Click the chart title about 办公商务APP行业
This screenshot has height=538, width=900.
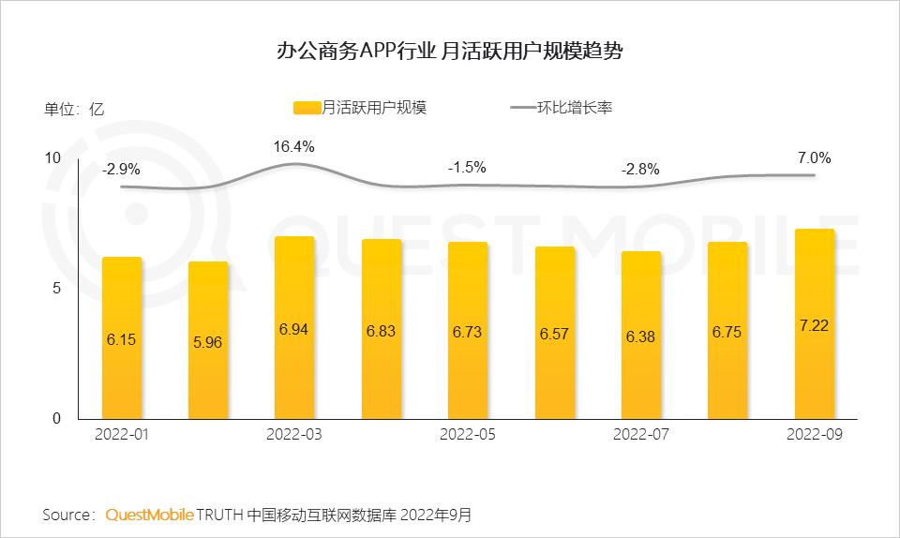pos(449,51)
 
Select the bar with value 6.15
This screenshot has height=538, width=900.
pos(122,338)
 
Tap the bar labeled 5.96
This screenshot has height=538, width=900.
pos(208,341)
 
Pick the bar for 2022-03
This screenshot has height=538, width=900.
pos(294,328)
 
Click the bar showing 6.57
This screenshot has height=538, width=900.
pos(554,334)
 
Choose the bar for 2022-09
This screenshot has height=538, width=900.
pos(814,324)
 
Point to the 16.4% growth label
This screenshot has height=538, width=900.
pos(293,146)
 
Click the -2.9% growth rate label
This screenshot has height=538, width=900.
pos(121,170)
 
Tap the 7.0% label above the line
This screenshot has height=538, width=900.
pos(814,157)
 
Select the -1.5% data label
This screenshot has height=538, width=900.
pos(467,168)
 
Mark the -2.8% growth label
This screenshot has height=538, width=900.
pos(640,170)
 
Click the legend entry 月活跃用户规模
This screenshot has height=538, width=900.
pos(360,108)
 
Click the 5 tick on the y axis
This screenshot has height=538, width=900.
pos(56,289)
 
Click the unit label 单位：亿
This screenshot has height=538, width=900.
pos(74,108)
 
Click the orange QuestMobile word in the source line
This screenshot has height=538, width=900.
pos(149,515)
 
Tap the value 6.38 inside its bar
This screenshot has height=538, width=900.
pos(640,336)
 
